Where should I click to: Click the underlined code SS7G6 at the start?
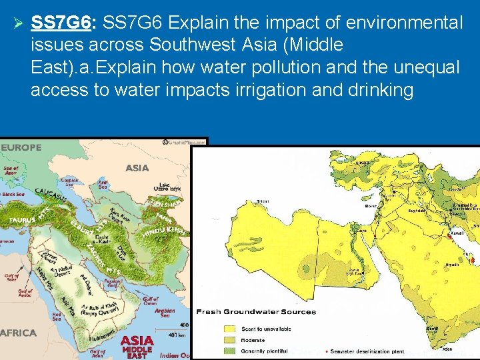click(61, 23)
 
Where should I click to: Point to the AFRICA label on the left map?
click(19, 332)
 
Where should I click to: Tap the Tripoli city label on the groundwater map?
click(263, 201)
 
